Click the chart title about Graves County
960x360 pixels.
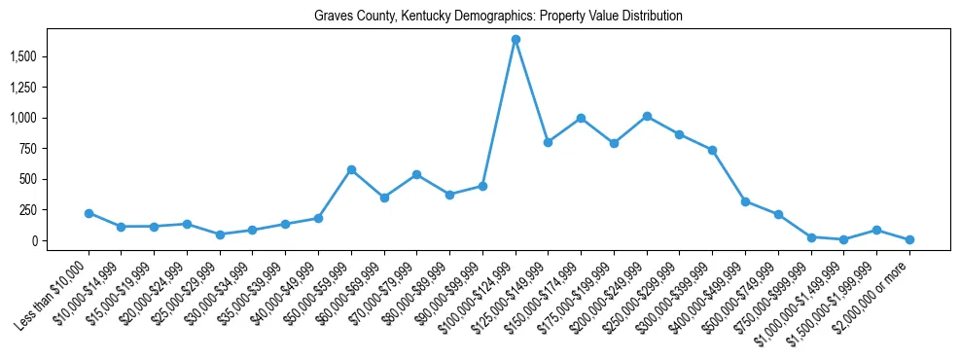(498, 17)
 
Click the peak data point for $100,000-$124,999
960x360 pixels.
(516, 39)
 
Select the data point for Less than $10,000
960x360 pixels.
(89, 213)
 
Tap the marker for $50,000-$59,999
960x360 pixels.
(351, 169)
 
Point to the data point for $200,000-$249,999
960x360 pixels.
(647, 116)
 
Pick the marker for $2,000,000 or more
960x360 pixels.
(909, 239)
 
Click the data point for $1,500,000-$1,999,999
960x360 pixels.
(876, 230)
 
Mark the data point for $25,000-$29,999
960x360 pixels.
(220, 234)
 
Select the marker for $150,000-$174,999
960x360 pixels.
(581, 118)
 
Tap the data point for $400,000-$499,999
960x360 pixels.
(745, 201)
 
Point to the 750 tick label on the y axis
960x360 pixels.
(55, 149)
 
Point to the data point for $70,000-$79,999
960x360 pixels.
(416, 174)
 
